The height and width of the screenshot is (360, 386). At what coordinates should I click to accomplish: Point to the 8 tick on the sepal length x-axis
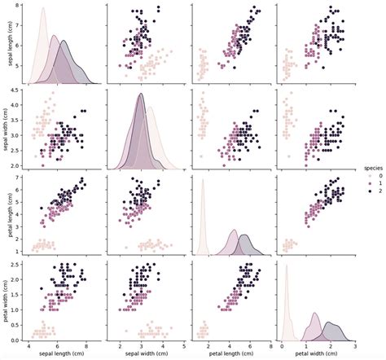pos(87,346)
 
